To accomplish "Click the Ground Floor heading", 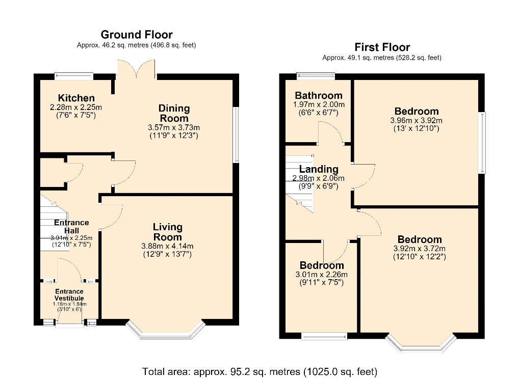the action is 136,35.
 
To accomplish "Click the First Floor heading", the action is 382,47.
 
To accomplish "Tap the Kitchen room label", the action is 76,98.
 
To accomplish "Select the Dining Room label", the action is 174,113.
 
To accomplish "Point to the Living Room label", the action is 168,232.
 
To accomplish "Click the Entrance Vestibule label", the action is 69,294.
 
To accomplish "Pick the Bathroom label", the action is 319,96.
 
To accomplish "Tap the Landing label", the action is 319,169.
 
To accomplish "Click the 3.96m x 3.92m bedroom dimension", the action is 416,120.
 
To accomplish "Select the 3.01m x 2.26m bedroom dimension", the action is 321,275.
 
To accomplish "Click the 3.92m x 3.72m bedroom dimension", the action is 420,249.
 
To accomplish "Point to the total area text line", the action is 259,372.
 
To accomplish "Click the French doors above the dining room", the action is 136,70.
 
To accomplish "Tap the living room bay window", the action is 166,331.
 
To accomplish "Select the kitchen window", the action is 74,76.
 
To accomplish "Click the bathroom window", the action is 316,76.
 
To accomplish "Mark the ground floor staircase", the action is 54,222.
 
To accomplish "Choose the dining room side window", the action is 236,134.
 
